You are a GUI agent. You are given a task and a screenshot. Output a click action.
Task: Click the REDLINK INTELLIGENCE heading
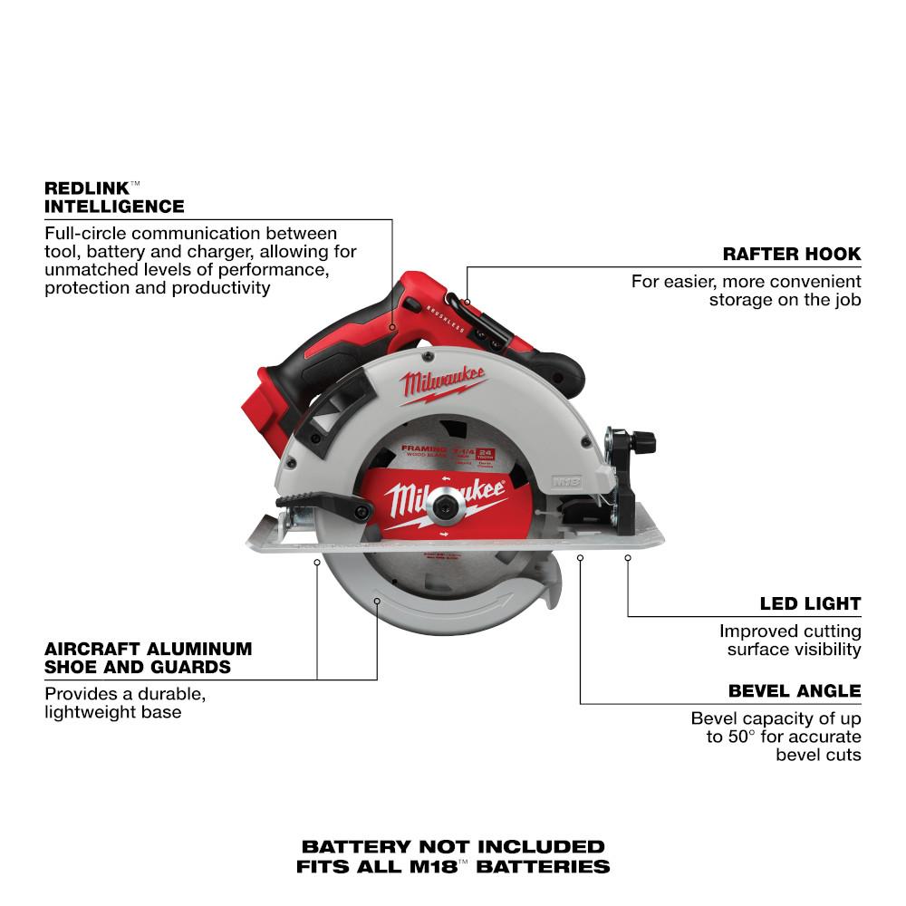(114, 197)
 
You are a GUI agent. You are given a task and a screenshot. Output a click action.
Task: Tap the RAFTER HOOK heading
(791, 254)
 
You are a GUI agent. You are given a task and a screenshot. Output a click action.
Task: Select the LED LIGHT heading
(810, 603)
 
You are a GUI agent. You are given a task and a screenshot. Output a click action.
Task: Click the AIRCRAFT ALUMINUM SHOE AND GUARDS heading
(148, 659)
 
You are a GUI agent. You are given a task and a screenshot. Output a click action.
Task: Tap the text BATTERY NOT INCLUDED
(452, 846)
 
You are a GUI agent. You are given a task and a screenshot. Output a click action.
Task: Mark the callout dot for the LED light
(627, 559)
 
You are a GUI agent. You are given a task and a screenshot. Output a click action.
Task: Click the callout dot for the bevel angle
(581, 559)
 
